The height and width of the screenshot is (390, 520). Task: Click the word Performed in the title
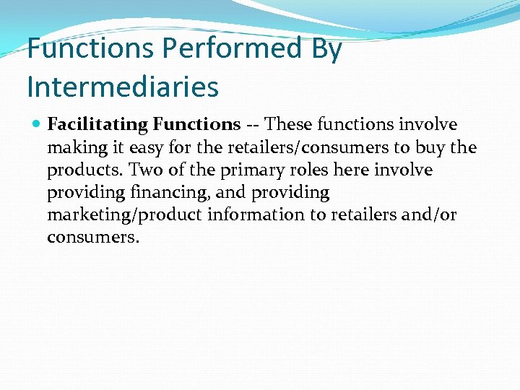[x=232, y=49]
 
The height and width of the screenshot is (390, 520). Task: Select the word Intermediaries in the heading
[x=122, y=86]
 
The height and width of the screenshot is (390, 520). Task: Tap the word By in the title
[x=326, y=49]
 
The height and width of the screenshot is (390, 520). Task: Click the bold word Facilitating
[x=97, y=124]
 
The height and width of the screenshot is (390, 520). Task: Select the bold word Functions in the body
[x=196, y=124]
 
